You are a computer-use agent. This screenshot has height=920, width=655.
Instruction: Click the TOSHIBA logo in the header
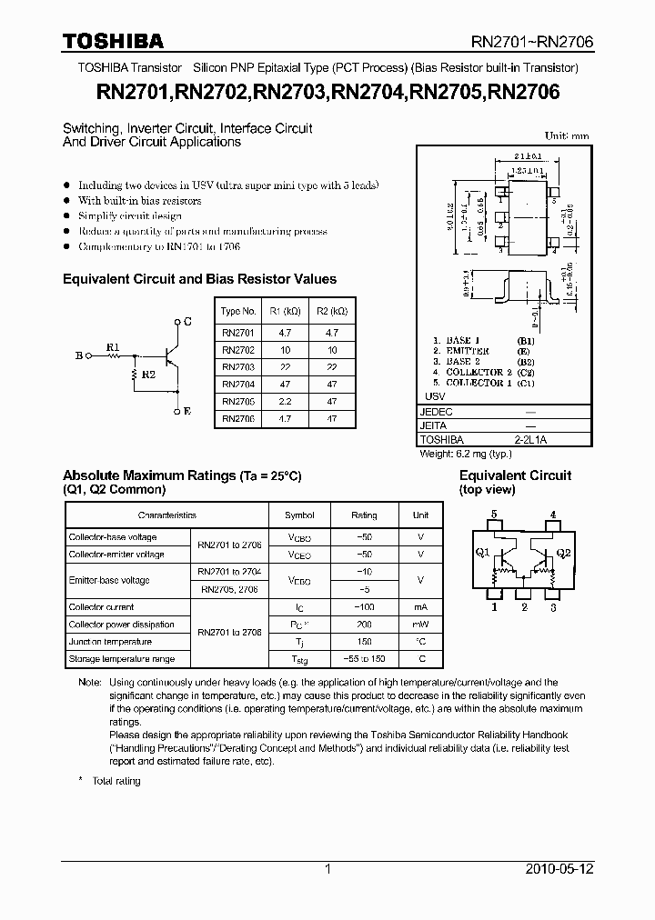[x=113, y=41]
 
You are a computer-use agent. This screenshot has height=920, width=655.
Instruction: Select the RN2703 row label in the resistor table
[x=238, y=366]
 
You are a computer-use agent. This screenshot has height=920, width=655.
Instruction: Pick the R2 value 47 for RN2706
[x=332, y=419]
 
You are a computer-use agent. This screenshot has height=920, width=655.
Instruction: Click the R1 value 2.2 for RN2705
[x=284, y=401]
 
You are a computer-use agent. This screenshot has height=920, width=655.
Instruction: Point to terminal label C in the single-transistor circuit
[x=187, y=322]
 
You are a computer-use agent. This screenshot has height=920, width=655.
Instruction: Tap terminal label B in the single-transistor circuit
[x=78, y=356]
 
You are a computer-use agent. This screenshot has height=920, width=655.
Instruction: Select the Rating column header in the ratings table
[x=364, y=515]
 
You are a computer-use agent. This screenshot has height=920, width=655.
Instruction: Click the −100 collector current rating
[x=364, y=606]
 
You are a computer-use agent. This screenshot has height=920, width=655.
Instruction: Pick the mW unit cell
[x=420, y=625]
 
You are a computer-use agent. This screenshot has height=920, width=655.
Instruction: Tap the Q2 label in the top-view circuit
[x=563, y=553]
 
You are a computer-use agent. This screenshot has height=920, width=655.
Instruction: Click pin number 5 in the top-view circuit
[x=494, y=515]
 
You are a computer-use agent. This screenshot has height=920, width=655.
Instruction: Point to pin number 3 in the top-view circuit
[x=552, y=606]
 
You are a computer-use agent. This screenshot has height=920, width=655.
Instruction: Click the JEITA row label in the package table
[x=434, y=425]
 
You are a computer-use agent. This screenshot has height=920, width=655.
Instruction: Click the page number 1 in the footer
[x=327, y=869]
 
